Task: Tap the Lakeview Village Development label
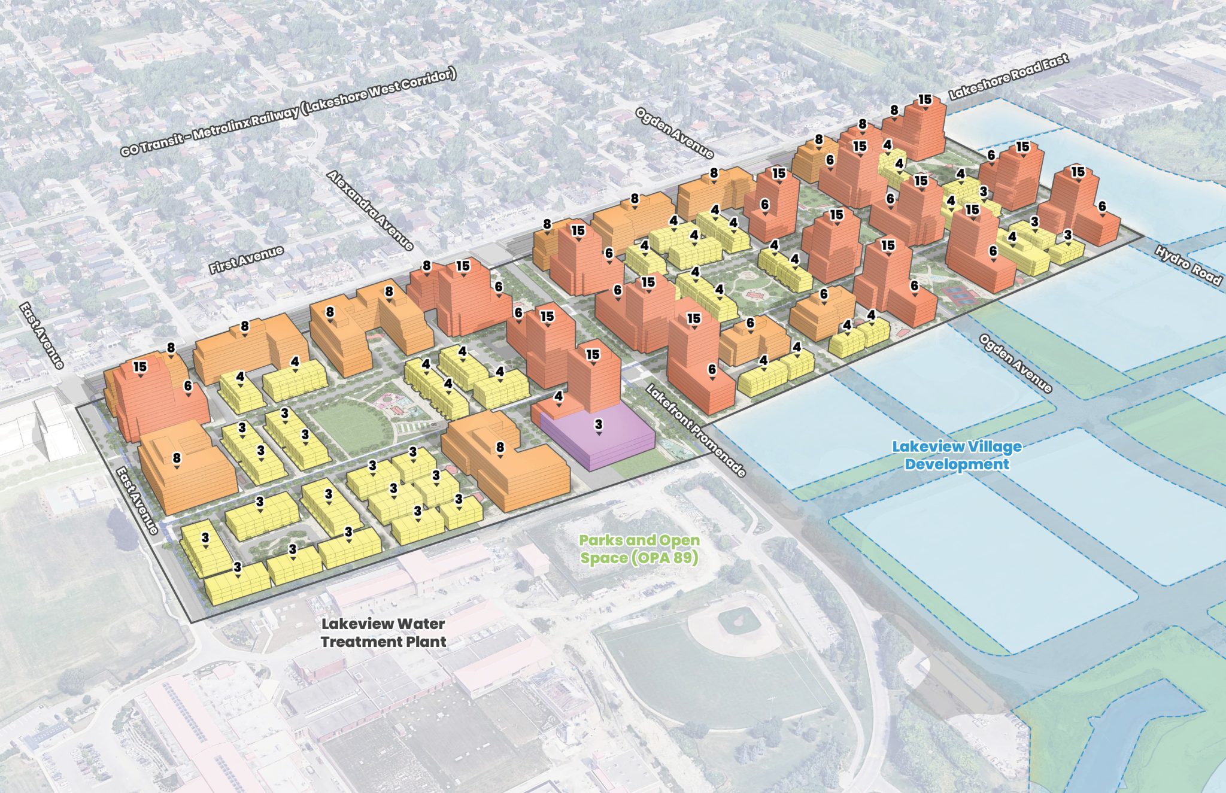pos(957,455)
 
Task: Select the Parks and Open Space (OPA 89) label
pos(639,549)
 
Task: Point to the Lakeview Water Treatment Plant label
pos(383,633)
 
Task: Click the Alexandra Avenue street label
pos(370,209)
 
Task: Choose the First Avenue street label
pos(246,259)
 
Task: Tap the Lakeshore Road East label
pos(1009,76)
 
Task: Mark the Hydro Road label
pos(1188,265)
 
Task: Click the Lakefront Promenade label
pos(696,430)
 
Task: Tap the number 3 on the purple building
pos(599,424)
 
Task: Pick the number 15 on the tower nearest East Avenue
pos(140,366)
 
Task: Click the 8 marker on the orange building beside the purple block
pos(500,446)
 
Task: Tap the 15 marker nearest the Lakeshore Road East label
pos(925,99)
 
